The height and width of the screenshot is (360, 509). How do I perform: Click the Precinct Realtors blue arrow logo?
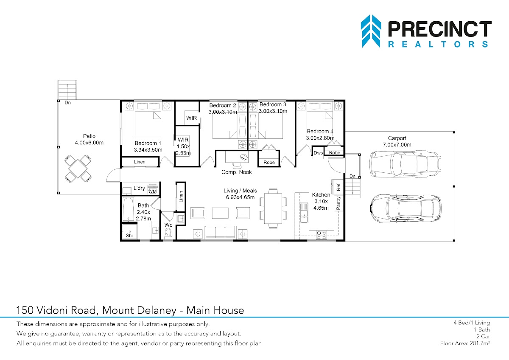[x=371, y=31]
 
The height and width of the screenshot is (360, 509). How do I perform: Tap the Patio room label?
[x=89, y=136]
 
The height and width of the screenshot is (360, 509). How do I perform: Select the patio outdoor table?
[x=78, y=169]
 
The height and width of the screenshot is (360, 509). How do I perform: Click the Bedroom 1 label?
[x=148, y=143]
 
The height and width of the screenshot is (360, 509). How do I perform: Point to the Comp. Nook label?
[x=237, y=172]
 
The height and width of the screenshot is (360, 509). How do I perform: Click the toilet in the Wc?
[x=168, y=234]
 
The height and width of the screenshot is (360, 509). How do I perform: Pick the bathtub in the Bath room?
[x=128, y=209]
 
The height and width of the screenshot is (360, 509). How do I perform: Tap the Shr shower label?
[x=129, y=235]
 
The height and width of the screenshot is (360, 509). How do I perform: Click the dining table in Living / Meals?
[x=273, y=208]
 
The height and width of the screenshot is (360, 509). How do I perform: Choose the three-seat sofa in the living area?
[x=220, y=232]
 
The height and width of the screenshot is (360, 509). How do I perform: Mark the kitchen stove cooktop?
[x=322, y=235]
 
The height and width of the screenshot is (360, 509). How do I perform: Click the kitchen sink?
[x=304, y=213]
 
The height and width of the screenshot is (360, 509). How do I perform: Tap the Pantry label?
[x=338, y=203]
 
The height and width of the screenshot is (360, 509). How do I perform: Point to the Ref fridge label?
[x=338, y=187]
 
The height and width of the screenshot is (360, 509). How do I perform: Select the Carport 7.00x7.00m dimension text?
[x=397, y=145]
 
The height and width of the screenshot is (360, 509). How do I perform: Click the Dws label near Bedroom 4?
[x=318, y=153]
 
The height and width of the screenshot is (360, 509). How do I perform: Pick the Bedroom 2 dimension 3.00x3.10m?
[x=223, y=112]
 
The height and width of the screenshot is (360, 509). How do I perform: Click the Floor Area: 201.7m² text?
[x=465, y=343]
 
